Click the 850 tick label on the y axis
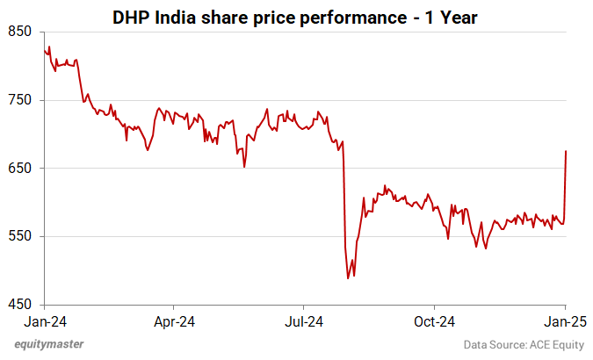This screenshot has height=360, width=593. tap(20, 32)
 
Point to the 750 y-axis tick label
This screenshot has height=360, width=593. tap(20, 100)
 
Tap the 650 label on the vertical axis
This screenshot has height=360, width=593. tap(20, 169)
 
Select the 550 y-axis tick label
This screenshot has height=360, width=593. tap(20, 237)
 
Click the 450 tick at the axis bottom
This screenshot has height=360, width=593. tap(20, 306)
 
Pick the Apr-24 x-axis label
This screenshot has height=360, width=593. tap(174, 321)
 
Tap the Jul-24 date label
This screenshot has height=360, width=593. tap(304, 321)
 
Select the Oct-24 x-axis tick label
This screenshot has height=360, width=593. tap(435, 321)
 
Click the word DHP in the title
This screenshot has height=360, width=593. tap(131, 17)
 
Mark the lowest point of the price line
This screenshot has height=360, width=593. tap(348, 278)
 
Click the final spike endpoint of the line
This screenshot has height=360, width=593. tap(566, 151)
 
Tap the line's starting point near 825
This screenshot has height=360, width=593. tap(44, 49)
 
